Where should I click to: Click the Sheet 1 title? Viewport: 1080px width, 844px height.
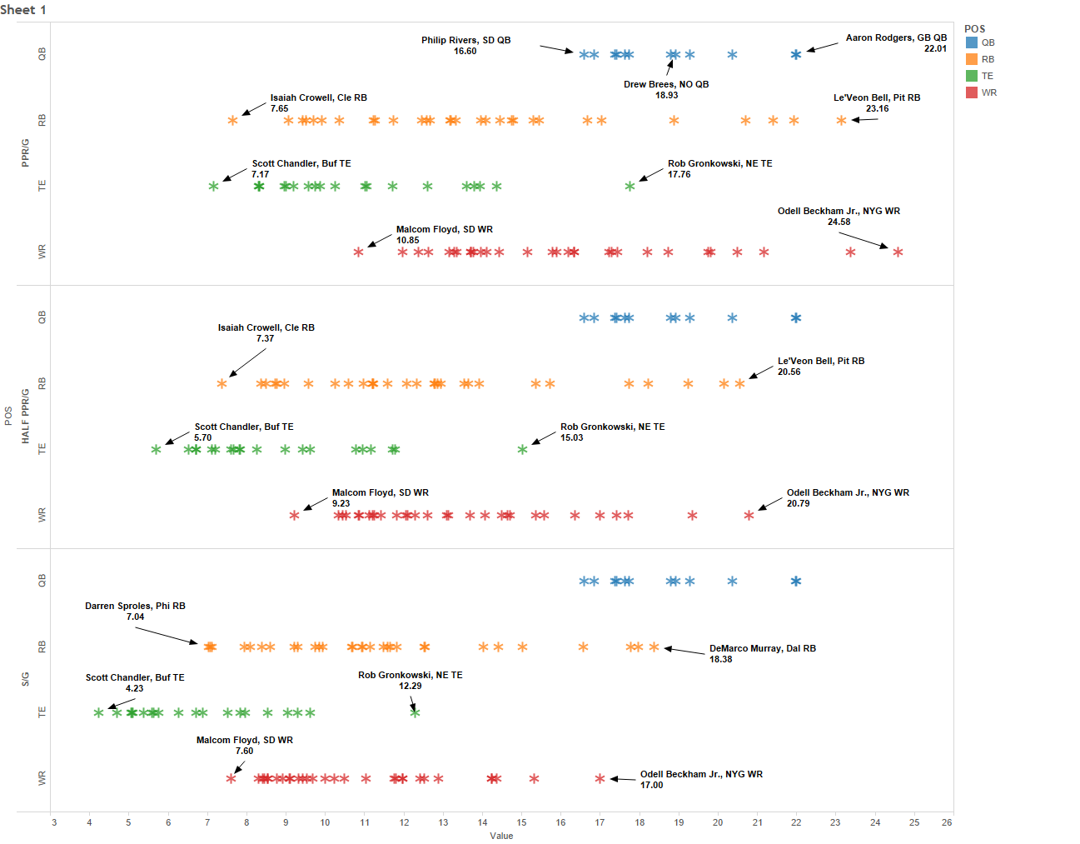tap(23, 10)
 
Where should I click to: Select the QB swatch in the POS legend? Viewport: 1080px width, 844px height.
tap(972, 42)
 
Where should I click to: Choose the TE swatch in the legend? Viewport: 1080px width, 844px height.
tap(972, 76)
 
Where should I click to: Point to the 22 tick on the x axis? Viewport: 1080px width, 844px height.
tap(796, 822)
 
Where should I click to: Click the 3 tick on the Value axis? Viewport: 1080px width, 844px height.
tap(54, 822)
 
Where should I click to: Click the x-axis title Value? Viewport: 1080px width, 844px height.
tap(501, 836)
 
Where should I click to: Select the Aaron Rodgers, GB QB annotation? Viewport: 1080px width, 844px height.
tap(896, 37)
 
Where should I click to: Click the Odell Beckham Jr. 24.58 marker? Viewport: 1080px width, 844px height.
tap(898, 252)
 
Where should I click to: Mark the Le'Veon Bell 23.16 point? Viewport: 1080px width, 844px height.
tap(841, 121)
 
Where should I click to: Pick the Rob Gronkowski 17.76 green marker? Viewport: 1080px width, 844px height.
tap(630, 186)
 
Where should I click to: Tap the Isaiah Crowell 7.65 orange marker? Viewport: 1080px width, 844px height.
tap(232, 121)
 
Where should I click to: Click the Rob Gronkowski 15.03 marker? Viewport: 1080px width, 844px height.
tap(522, 450)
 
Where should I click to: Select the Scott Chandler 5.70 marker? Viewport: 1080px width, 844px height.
tap(156, 450)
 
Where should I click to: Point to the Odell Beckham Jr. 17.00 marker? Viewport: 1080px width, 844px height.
tap(600, 779)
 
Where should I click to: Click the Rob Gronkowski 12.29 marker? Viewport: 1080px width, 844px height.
tap(415, 712)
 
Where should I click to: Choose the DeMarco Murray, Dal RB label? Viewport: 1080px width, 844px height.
tap(762, 648)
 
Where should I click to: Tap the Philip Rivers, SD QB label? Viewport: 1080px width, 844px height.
tap(465, 40)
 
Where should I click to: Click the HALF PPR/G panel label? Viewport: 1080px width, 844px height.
tap(25, 417)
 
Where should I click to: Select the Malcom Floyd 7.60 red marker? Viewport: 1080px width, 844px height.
tap(231, 779)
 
